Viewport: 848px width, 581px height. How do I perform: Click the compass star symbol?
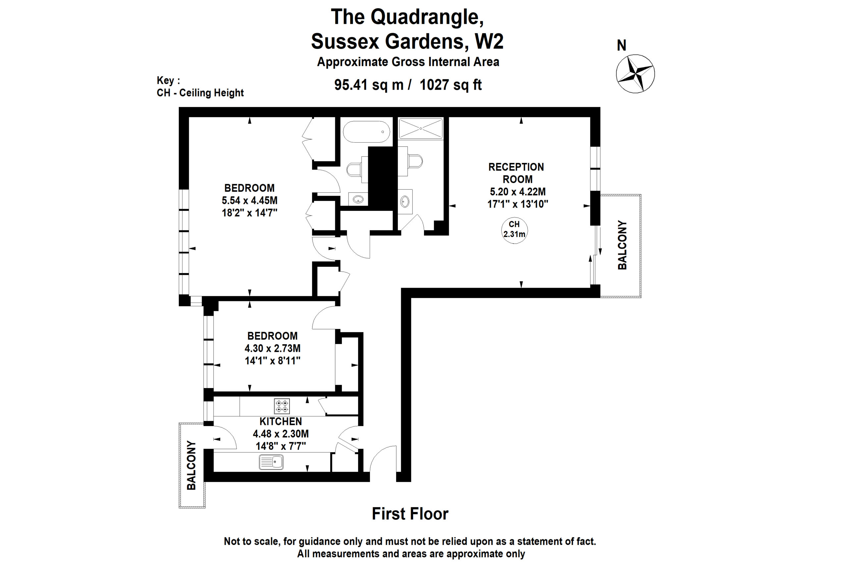click(x=635, y=74)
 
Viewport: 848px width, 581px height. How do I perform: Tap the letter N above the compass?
click(x=621, y=46)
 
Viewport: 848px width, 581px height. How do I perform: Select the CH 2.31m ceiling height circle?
click(x=514, y=230)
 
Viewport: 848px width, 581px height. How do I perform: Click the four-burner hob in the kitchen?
click(x=282, y=406)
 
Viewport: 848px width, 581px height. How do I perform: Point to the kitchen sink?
click(x=271, y=462)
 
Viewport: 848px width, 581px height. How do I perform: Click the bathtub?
click(x=366, y=132)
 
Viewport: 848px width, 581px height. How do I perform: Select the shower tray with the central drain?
click(x=421, y=128)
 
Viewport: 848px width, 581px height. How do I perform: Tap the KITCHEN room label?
click(x=281, y=422)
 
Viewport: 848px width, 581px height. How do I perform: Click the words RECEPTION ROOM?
click(x=517, y=173)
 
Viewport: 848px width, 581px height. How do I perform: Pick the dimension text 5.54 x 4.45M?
click(x=249, y=201)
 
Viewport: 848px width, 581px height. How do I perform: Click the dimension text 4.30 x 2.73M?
click(x=272, y=348)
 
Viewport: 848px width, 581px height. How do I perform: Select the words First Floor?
click(x=410, y=514)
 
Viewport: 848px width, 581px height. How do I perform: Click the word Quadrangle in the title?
click(x=427, y=17)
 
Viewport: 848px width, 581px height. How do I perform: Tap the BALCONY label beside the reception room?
click(x=622, y=245)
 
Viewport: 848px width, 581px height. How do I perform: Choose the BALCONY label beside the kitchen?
click(x=191, y=465)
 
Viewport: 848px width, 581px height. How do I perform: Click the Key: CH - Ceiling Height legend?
click(x=200, y=87)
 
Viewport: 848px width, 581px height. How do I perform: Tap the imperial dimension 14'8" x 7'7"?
click(x=281, y=446)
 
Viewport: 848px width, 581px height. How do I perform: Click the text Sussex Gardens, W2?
click(x=407, y=41)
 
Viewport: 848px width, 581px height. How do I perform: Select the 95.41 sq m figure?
click(x=369, y=85)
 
